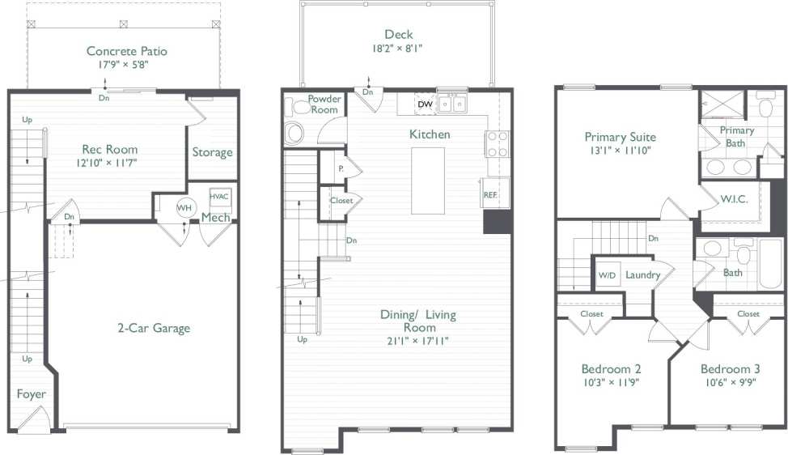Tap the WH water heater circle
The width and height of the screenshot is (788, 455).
coord(184,207)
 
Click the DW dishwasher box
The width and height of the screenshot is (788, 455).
coord(425,104)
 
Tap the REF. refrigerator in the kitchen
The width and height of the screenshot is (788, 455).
coord(491,194)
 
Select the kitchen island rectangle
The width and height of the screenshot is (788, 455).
coord(428,181)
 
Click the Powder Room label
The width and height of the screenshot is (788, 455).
coord(324,104)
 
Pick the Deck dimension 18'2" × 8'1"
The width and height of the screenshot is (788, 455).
coord(398,49)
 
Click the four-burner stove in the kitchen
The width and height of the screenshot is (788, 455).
coord(497,144)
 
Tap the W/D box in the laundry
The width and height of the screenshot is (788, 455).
coord(607,275)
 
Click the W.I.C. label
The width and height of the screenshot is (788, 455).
coord(733,199)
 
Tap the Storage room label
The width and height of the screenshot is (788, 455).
coord(212,152)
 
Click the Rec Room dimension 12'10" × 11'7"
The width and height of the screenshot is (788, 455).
coord(109,163)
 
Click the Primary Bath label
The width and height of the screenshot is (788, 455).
coord(736,136)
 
